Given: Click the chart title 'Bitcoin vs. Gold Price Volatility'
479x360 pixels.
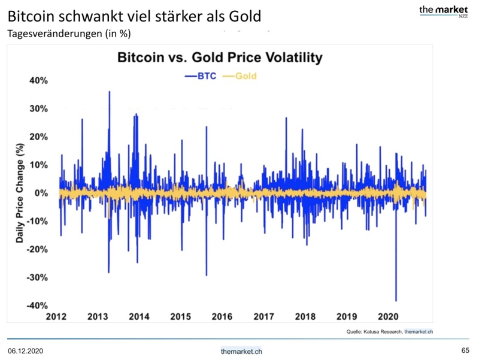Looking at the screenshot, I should coord(220,58).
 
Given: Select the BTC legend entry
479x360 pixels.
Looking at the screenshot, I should coord(201,77).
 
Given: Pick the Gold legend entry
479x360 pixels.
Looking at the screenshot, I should coord(239,77).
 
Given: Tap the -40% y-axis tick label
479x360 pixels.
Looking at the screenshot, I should coord(37,305).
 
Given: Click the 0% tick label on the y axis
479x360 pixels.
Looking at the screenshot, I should coord(41,193).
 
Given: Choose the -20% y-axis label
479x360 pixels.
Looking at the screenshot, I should coord(37,249).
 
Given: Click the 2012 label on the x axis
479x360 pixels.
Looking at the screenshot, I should coord(56,316).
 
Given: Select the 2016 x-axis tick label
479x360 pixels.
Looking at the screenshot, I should coord(222,316).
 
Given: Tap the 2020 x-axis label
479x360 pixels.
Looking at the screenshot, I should coord(387,316).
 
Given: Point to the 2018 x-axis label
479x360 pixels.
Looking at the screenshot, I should coord(305,316).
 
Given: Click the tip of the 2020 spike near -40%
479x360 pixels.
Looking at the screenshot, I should coord(396,301).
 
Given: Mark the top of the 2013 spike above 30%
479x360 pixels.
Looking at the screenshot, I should coord(110,92).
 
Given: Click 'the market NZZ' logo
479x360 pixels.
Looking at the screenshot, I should coord(443,11).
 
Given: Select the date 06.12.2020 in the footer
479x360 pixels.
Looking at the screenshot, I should coord(25,350).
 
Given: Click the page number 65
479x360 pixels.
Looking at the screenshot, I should coord(465,350).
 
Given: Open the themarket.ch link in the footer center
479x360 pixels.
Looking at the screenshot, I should coord(241,351).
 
